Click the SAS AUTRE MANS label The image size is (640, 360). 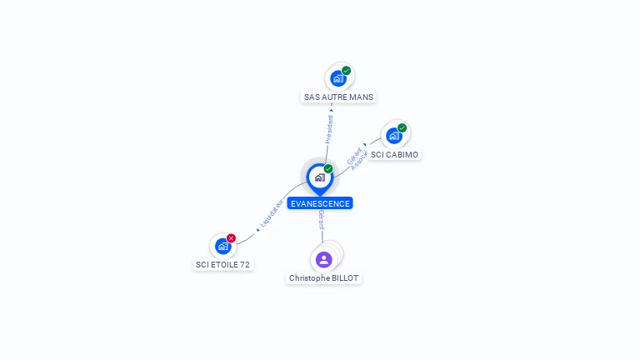coord(338,97)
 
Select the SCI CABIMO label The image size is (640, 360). coord(394,154)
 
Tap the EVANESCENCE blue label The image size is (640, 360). coord(320,203)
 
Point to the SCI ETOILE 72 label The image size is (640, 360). coord(222,264)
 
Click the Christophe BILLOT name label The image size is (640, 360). coord(324,277)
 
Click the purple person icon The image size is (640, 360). coord(324,259)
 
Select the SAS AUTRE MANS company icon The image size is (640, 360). coord(337,78)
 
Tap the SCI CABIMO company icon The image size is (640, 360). coord(393,135)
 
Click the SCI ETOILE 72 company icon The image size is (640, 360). coord(222,246)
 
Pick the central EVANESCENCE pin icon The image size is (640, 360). coord(319,177)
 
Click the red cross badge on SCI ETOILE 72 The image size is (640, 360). coord(232,238)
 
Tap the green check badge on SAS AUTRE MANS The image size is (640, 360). coord(347,71)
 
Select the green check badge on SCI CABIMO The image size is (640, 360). coord(402,128)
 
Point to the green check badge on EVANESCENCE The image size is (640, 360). coord(328,169)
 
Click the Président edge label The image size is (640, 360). coord(329,130)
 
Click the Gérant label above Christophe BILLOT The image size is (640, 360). coord(321,221)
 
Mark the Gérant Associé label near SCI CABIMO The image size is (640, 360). coord(356,158)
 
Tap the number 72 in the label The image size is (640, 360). coord(244,264)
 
